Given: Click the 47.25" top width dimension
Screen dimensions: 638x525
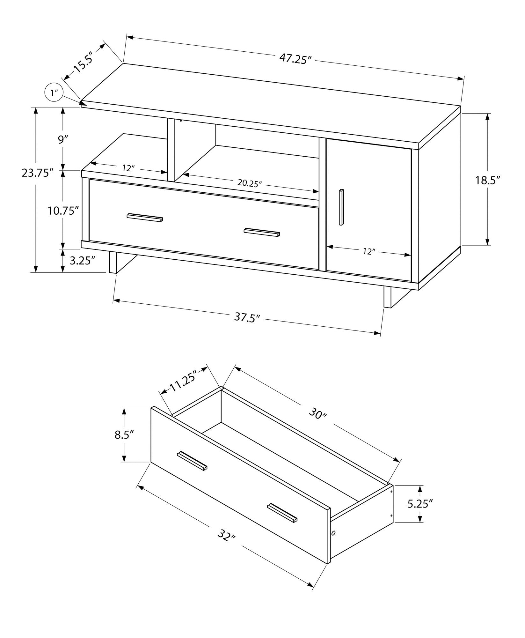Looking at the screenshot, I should click(295, 59).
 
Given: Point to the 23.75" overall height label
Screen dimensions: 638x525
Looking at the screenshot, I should click(37, 173).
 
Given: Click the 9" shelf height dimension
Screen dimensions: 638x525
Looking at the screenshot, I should click(63, 140).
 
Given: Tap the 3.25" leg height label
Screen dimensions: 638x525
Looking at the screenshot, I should click(82, 261).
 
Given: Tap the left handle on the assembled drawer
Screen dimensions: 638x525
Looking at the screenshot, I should click(145, 217).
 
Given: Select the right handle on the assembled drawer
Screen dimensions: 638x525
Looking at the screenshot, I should click(262, 232).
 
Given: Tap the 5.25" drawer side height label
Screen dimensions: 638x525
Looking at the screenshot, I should click(420, 513).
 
